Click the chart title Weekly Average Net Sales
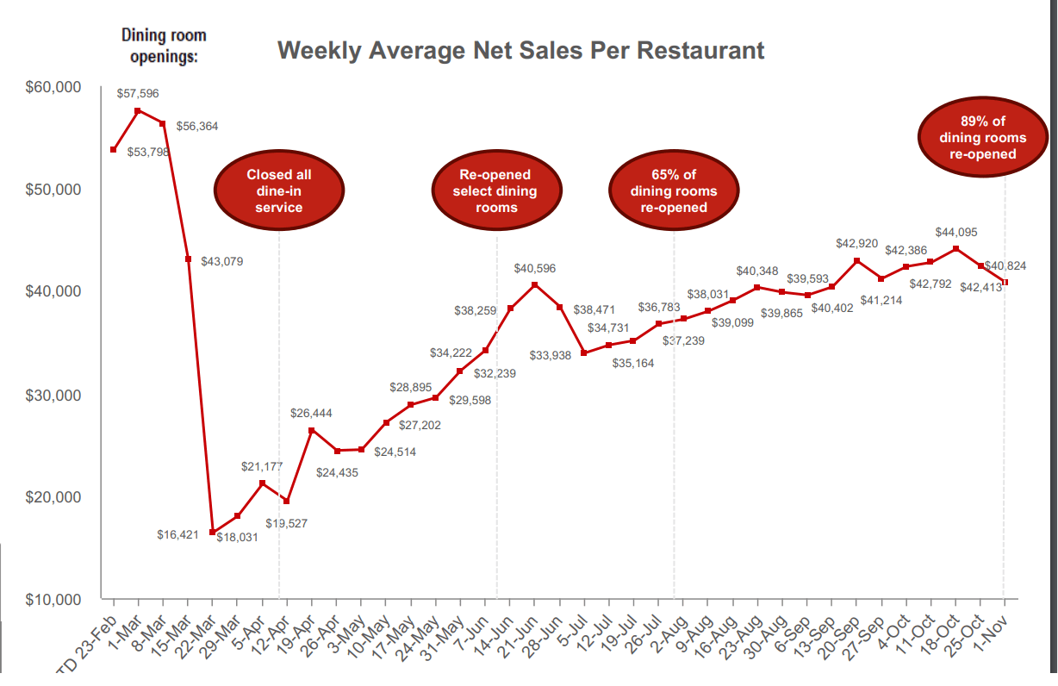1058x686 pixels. click(x=520, y=50)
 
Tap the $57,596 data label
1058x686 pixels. click(x=138, y=93)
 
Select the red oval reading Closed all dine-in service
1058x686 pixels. click(x=279, y=190)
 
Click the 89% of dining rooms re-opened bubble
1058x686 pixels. click(x=983, y=138)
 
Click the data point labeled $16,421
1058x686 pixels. click(x=213, y=532)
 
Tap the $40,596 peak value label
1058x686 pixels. click(x=535, y=269)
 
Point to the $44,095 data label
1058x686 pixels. click(x=956, y=233)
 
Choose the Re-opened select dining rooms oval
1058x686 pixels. click(x=496, y=190)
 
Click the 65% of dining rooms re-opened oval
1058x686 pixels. click(x=673, y=190)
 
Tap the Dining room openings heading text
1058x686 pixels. click(x=164, y=46)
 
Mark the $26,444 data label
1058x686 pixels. click(x=311, y=414)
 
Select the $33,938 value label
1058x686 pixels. click(x=551, y=355)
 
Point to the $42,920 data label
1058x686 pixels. click(x=856, y=244)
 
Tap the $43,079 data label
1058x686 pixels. click(x=221, y=261)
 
